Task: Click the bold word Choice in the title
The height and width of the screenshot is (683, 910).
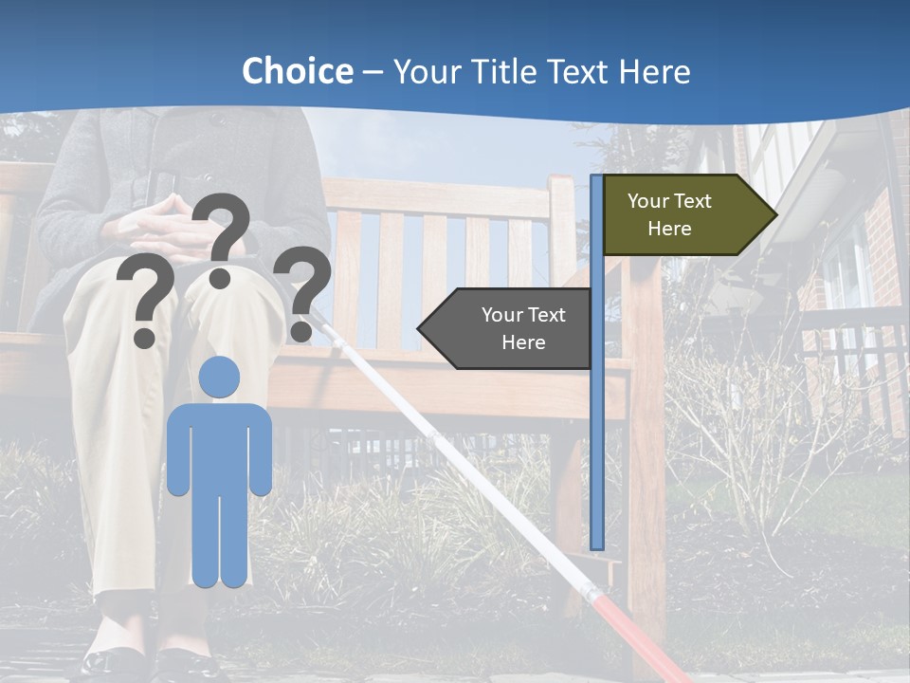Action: tap(297, 72)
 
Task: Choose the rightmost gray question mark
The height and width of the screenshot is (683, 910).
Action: tap(302, 290)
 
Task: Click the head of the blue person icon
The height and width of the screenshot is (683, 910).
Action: tap(219, 378)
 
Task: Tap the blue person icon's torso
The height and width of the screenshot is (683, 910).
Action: tap(219, 446)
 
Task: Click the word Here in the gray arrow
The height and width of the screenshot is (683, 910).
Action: tap(523, 342)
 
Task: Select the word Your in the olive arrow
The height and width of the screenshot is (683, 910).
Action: tap(648, 201)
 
